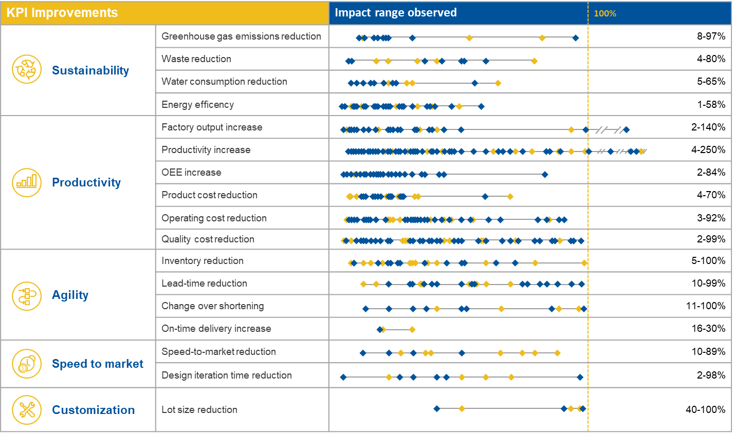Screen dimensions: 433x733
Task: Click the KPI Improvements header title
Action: click(62, 13)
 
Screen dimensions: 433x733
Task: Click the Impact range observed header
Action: click(395, 13)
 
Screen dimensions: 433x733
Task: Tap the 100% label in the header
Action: click(605, 13)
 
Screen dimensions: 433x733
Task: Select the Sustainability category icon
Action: click(27, 70)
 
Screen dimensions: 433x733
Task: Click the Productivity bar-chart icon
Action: click(27, 182)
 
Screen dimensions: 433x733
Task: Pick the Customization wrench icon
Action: click(27, 409)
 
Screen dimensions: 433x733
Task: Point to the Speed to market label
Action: click(98, 364)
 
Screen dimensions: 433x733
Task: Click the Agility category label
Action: click(70, 295)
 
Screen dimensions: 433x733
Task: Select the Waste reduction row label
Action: click(196, 59)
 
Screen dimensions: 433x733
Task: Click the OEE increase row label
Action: click(191, 173)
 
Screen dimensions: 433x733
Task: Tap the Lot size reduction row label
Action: click(199, 409)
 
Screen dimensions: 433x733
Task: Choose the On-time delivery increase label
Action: click(216, 329)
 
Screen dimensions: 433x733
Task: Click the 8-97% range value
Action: click(711, 36)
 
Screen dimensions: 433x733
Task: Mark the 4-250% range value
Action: click(708, 150)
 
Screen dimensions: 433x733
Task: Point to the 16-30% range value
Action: click(708, 329)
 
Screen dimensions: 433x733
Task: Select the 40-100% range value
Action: click(705, 409)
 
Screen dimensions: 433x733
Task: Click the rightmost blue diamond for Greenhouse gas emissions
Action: click(576, 37)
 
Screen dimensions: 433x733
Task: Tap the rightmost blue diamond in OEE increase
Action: click(545, 175)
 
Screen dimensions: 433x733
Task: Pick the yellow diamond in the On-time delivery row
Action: click(412, 330)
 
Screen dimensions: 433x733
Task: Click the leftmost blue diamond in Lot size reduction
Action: click(437, 409)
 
